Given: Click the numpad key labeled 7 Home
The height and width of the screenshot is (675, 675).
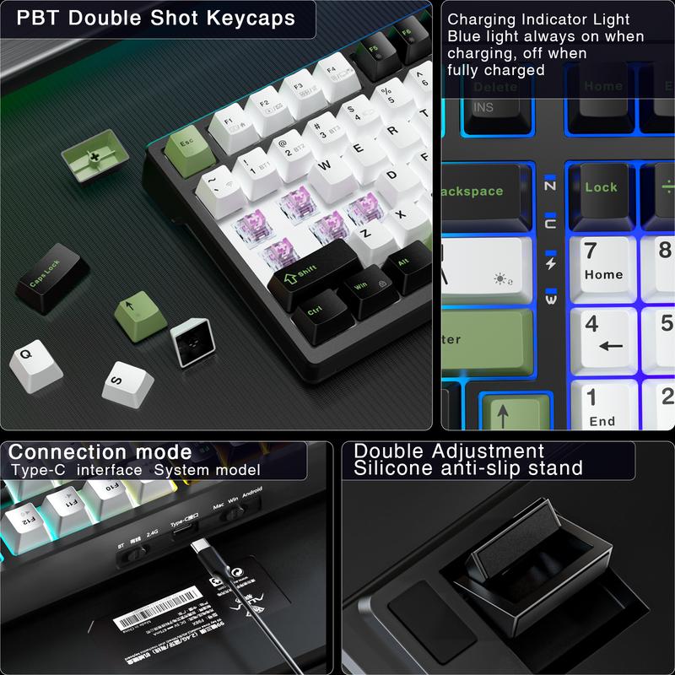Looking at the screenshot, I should click(x=603, y=261).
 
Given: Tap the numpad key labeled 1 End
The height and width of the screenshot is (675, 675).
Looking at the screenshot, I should click(x=603, y=406).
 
